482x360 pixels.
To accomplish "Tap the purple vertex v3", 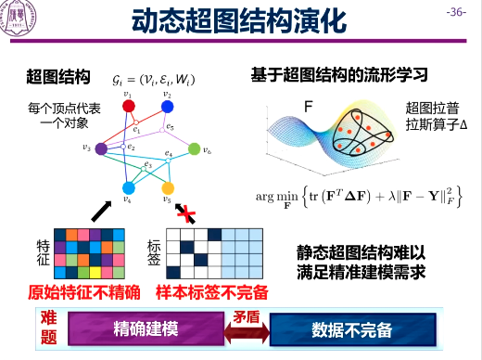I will pyautogui.click(x=102, y=147).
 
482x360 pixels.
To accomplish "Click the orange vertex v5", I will pyautogui.click(x=167, y=188).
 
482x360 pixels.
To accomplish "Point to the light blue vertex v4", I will pyautogui.click(x=129, y=188).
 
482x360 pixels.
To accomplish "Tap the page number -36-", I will pyautogui.click(x=457, y=12).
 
